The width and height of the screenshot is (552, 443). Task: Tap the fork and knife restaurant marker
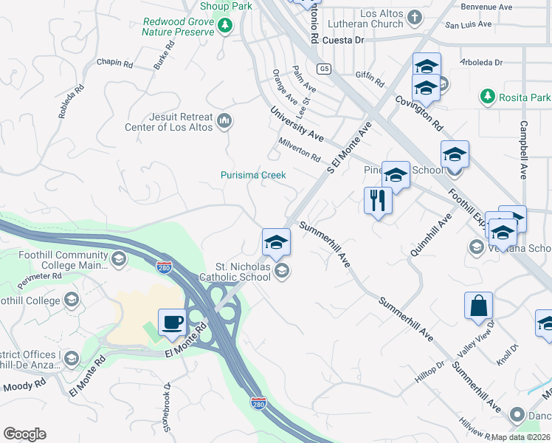377,201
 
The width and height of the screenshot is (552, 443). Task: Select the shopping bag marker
478,306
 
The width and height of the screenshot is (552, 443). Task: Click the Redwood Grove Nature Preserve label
179,27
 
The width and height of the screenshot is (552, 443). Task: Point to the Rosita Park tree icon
487,97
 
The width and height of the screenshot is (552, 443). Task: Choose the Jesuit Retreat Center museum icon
226,120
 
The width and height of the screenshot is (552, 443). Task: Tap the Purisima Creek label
253,175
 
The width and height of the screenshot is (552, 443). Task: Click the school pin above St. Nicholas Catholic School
276,242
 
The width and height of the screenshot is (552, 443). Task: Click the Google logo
24,434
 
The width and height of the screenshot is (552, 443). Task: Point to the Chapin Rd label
113,63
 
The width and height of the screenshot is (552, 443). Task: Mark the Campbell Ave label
523,150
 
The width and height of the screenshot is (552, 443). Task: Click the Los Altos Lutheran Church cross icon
415,17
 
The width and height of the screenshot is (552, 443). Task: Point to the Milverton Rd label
300,148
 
